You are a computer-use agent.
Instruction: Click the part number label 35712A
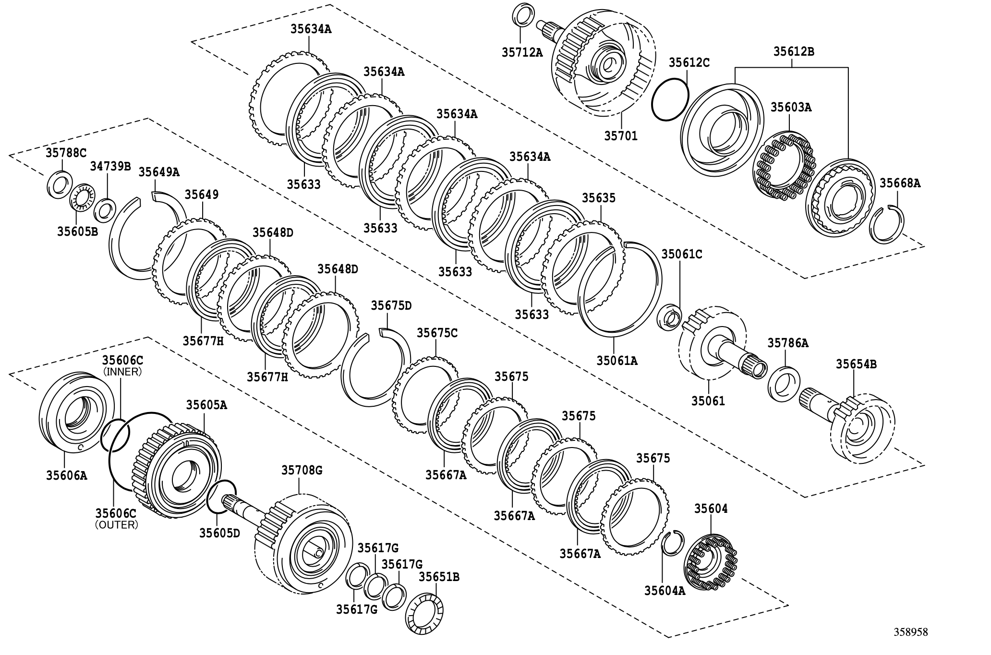click(x=522, y=52)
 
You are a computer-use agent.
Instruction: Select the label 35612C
click(x=689, y=62)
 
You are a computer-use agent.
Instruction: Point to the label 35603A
click(x=791, y=107)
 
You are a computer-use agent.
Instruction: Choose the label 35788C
click(x=66, y=153)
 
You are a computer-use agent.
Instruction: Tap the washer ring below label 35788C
click(x=60, y=184)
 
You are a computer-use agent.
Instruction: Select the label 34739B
click(x=110, y=166)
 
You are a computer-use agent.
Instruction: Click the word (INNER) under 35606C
click(x=122, y=372)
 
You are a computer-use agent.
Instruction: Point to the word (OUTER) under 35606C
click(x=117, y=525)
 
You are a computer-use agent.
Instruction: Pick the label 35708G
click(x=302, y=470)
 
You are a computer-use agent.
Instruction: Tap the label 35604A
click(x=665, y=591)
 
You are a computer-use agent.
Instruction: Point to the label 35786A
click(x=787, y=343)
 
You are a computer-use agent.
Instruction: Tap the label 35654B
click(x=856, y=364)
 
